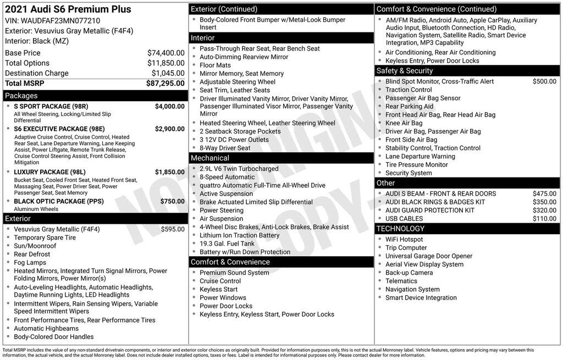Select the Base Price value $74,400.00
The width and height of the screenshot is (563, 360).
pyautogui.click(x=165, y=53)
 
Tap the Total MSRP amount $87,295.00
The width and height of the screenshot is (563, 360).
pyautogui.click(x=165, y=83)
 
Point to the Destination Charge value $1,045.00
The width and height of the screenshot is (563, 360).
pyautogui.click(x=168, y=73)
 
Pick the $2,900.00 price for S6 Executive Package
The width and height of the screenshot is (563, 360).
pyautogui.click(x=169, y=129)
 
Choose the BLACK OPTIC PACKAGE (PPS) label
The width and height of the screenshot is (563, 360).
pyautogui.click(x=59, y=201)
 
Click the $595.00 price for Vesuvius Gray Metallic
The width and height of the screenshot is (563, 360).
pyautogui.click(x=173, y=229)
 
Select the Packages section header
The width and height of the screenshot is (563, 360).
pyautogui.click(x=21, y=96)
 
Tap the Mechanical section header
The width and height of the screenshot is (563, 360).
pyautogui.click(x=209, y=158)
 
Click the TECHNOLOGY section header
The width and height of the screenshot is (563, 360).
pyautogui.click(x=400, y=229)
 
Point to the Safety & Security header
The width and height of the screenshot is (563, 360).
pyautogui.click(x=405, y=71)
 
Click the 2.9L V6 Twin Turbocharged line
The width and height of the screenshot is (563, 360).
pyautogui.click(x=239, y=169)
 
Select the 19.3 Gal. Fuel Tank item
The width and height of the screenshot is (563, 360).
pyautogui.click(x=227, y=243)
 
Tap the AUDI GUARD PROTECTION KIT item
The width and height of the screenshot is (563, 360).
pyautogui.click(x=429, y=211)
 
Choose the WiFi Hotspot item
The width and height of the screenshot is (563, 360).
pyautogui.click(x=404, y=240)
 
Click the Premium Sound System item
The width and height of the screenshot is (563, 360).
pyautogui.click(x=234, y=273)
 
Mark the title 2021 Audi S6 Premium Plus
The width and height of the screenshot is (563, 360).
pyautogui.click(x=68, y=9)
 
